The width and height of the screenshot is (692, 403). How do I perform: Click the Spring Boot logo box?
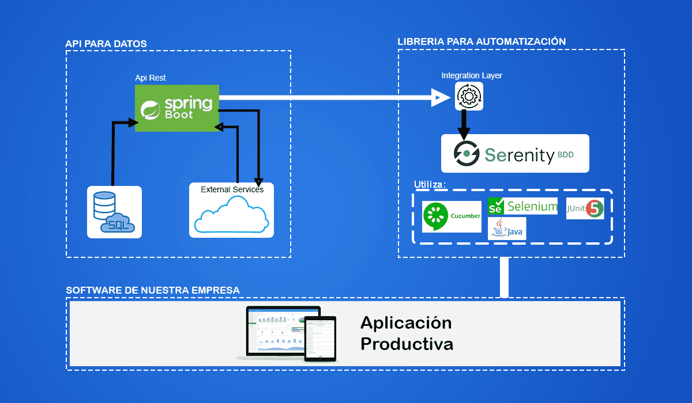coord(177,108)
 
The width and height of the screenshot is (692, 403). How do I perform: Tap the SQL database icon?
coord(114,212)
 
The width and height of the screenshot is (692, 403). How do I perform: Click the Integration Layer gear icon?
coord(469,96)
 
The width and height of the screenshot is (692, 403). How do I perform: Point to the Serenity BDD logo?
coord(515,154)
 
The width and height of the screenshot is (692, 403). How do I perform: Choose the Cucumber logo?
coord(452,216)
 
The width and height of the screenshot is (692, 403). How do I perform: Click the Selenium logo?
coord(522,206)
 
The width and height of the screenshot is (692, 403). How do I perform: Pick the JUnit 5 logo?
coord(585,208)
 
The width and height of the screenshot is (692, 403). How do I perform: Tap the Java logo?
coord(506,229)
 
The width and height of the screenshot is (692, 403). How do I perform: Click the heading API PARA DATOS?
coord(106,44)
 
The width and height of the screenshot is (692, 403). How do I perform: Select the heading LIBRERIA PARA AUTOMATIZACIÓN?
coord(482,41)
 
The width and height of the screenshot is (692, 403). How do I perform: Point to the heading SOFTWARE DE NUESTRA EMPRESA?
coord(153,290)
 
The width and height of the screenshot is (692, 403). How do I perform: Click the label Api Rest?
coord(151,78)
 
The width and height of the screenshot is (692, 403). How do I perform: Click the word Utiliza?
coord(430,185)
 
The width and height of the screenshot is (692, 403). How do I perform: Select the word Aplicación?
coord(406,322)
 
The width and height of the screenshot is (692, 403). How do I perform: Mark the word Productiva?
coord(407,344)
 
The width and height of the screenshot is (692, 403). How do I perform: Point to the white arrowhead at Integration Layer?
coord(441,97)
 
